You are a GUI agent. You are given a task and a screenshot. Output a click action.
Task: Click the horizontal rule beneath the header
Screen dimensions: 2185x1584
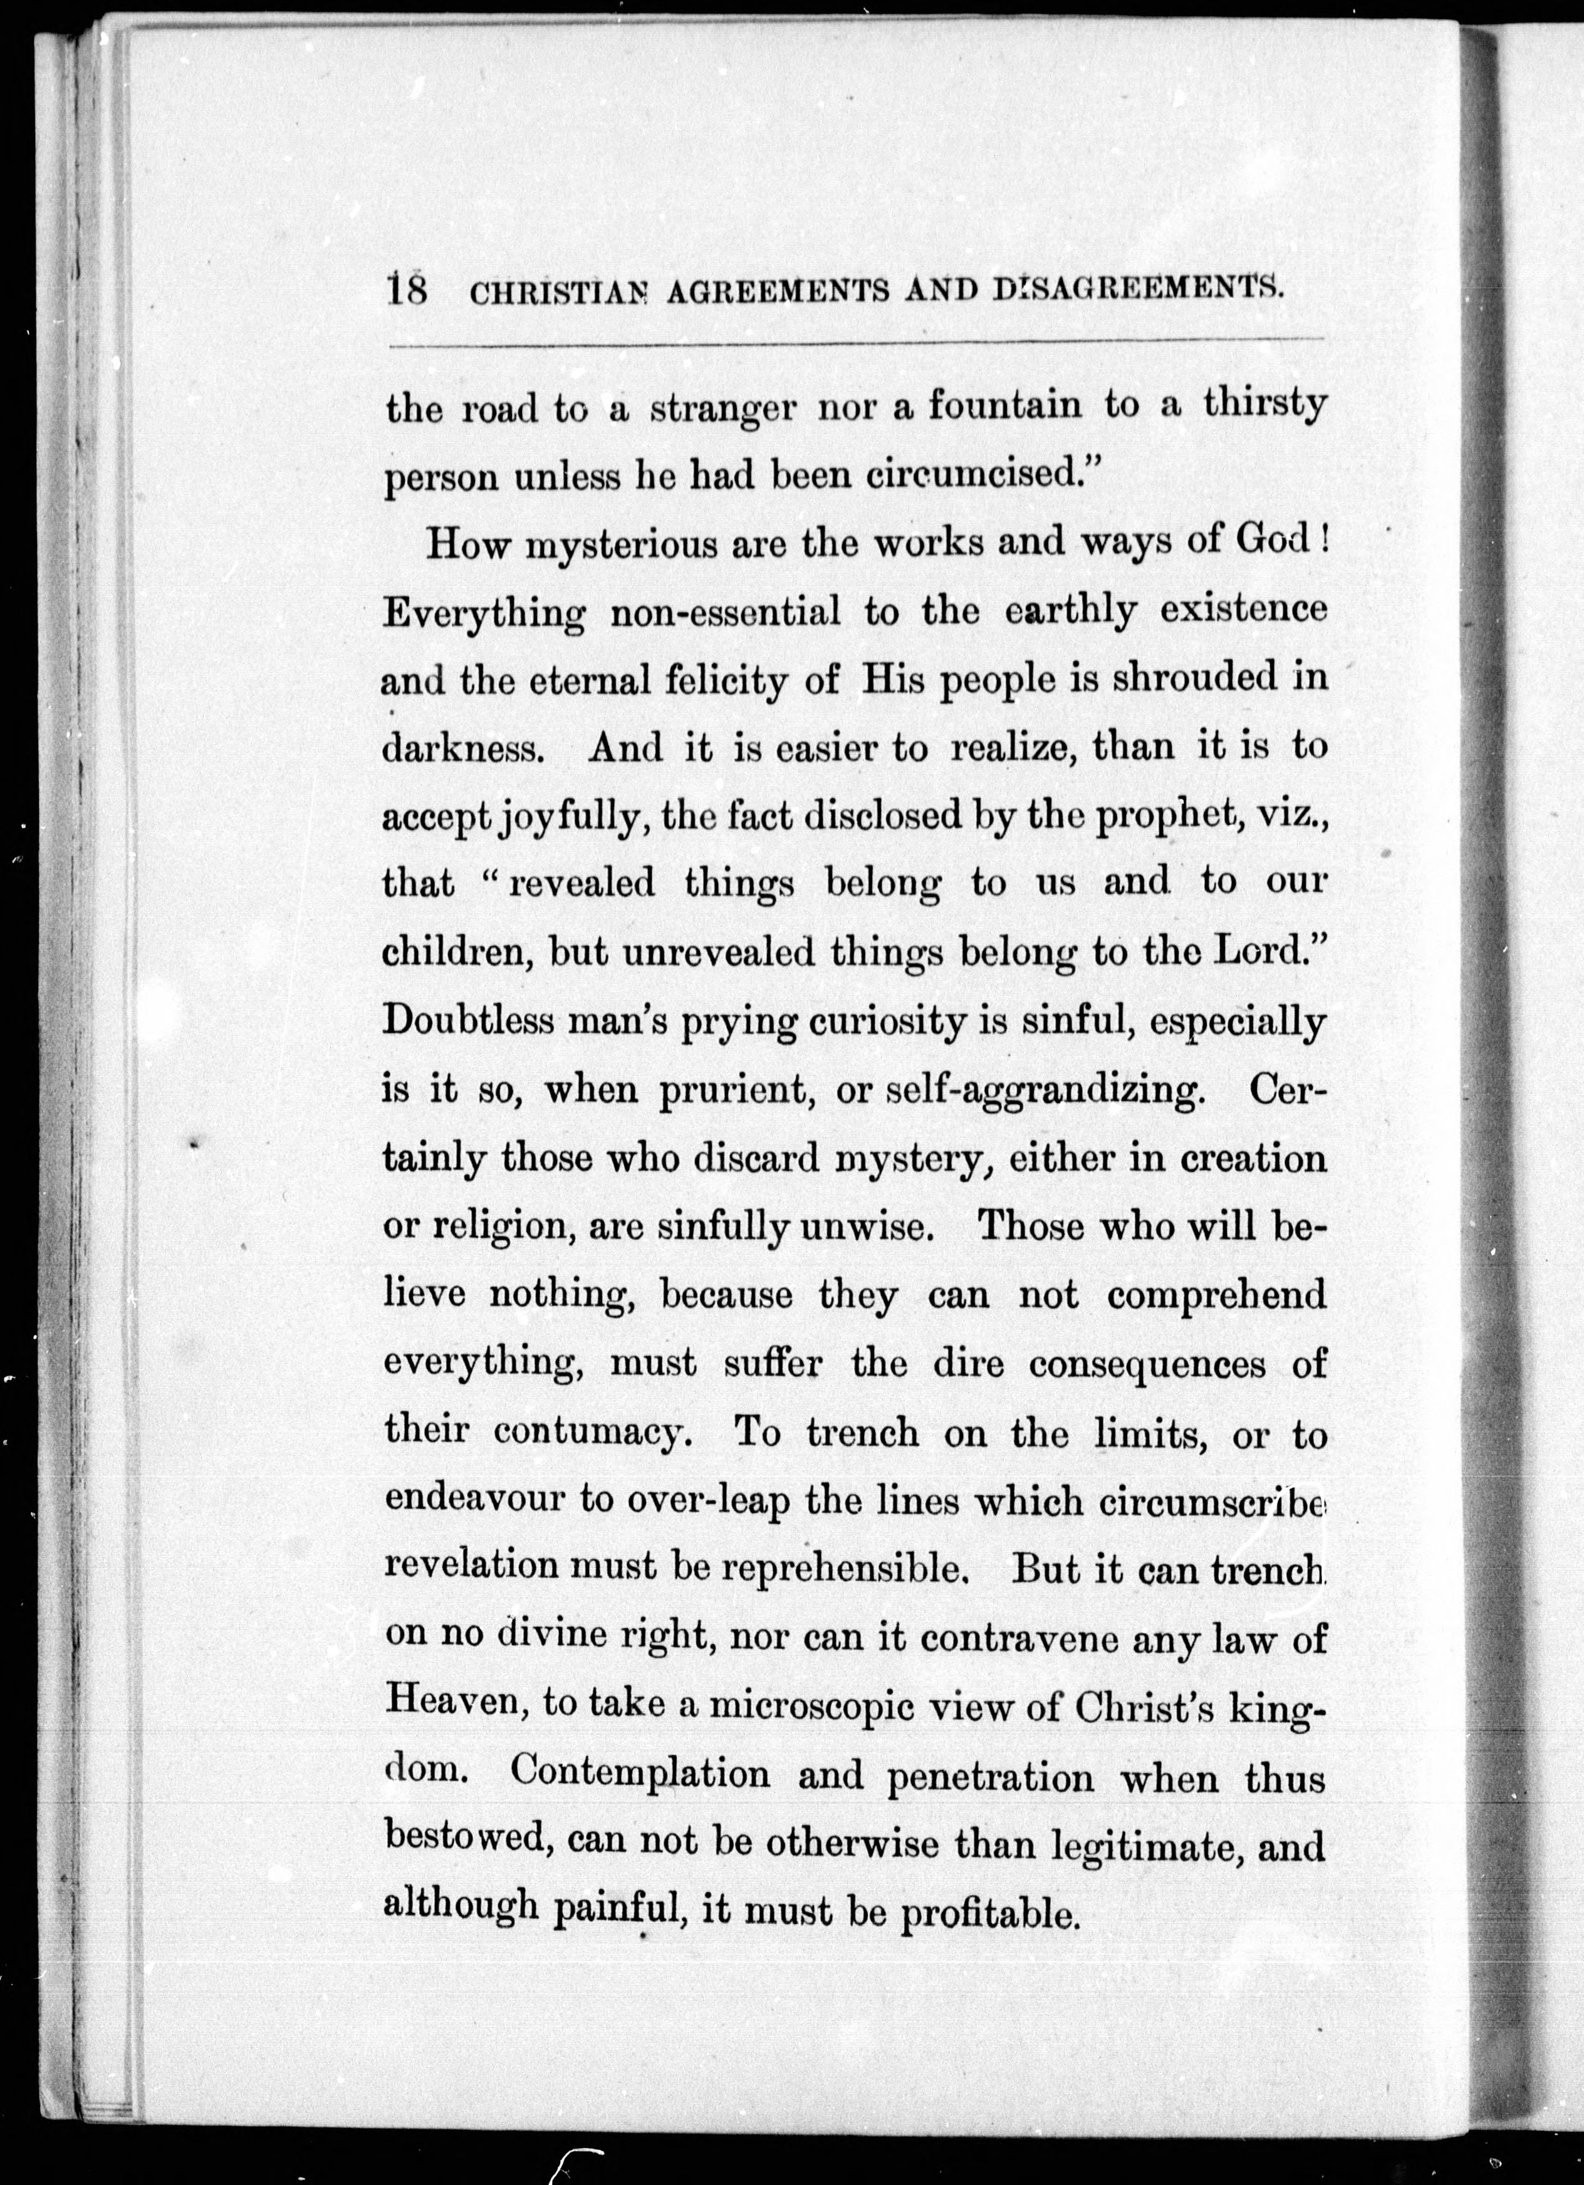[x=855, y=342]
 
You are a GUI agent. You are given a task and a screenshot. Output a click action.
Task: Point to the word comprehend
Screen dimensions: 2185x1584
[x=1216, y=1297]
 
